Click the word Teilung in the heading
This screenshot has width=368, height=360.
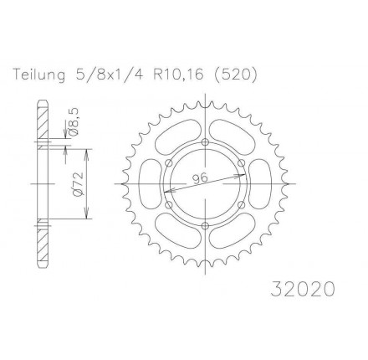tap(39, 75)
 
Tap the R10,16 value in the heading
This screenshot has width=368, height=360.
tap(177, 75)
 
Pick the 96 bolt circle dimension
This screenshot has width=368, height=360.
tap(200, 178)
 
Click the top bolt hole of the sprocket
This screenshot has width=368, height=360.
tap(206, 141)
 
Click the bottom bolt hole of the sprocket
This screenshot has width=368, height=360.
tap(206, 226)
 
